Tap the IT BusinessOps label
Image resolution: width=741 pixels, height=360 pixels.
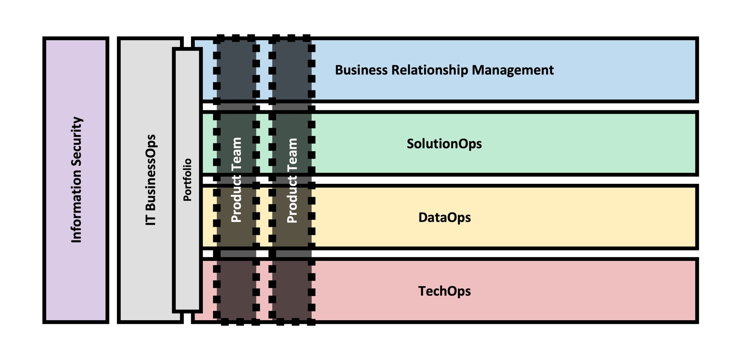click(151, 180)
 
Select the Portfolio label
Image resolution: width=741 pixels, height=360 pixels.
click(187, 180)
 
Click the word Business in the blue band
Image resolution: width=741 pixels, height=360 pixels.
click(361, 70)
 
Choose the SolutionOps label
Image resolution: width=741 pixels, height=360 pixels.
click(444, 144)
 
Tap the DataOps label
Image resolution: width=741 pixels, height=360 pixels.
click(444, 217)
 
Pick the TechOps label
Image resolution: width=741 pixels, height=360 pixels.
click(444, 291)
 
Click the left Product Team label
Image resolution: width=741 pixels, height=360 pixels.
click(236, 180)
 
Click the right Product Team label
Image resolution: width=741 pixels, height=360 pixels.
click(292, 180)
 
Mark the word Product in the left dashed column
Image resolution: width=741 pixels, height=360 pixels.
click(236, 199)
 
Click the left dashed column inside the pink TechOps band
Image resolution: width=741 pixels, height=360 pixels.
click(236, 289)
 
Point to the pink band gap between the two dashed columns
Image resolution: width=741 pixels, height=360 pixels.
click(264, 289)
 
